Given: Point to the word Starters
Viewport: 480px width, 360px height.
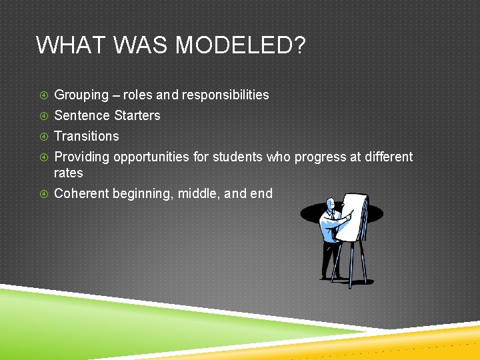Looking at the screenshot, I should [x=137, y=115].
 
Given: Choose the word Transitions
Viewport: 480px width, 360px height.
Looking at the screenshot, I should [x=87, y=136].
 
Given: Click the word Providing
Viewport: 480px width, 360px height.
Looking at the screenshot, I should [x=82, y=157].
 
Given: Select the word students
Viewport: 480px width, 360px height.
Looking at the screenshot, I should [x=237, y=157].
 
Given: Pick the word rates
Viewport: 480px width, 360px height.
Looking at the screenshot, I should [x=69, y=173].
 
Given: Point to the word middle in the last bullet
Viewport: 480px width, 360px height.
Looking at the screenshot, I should [x=198, y=193].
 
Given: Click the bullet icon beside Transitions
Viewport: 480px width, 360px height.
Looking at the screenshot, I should [x=43, y=137].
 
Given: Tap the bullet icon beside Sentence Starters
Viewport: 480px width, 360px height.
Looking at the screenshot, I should [x=43, y=116].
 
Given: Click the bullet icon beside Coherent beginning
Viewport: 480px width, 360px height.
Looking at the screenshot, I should [x=43, y=194].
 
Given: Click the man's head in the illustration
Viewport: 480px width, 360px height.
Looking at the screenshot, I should [x=330, y=203].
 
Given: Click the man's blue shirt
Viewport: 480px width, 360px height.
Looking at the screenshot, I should [x=329, y=226].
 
